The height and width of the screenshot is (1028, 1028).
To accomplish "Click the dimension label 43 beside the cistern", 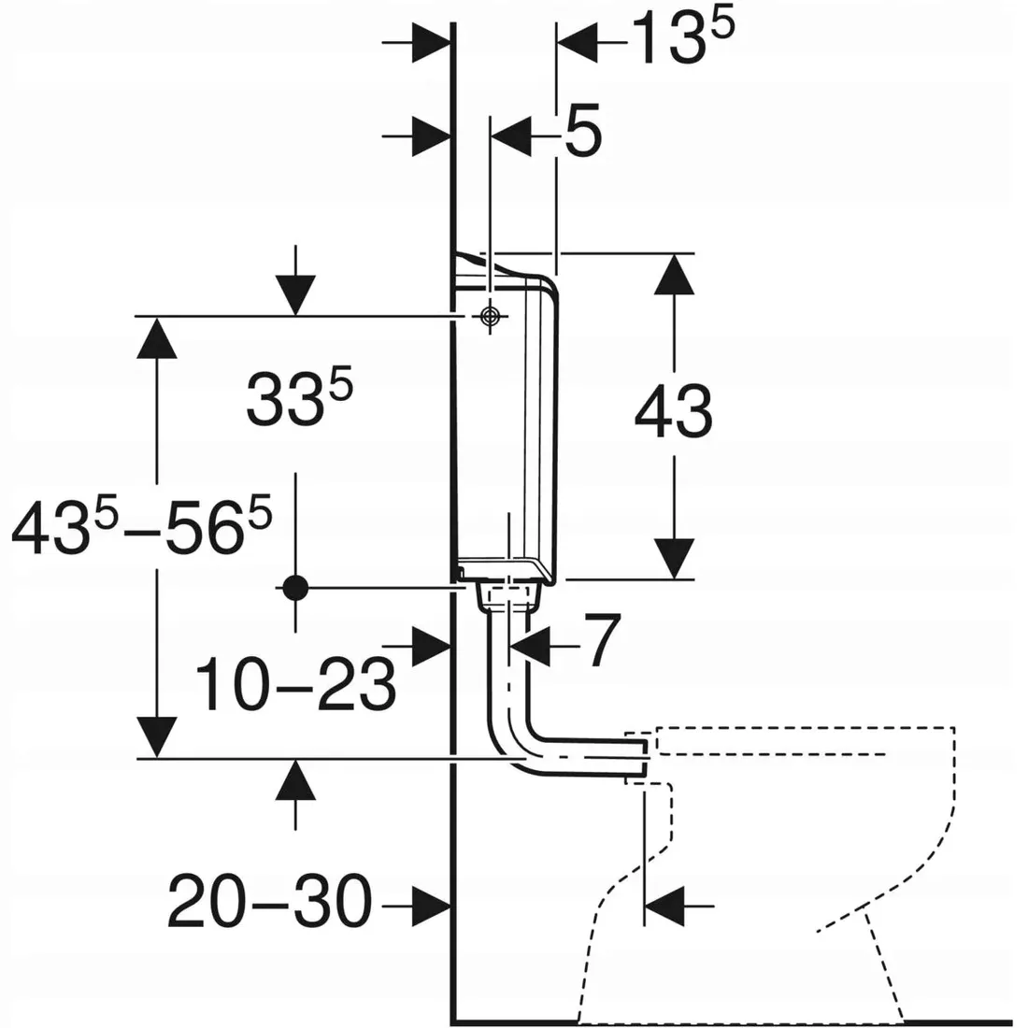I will tap(673, 411).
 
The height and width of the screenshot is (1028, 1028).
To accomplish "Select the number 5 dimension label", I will tap(581, 136).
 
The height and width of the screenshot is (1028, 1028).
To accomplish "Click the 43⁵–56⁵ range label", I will tap(142, 526).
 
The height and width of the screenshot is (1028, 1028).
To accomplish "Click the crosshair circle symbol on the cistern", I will tap(488, 317).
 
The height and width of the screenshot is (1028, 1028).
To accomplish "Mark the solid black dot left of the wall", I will tap(295, 587).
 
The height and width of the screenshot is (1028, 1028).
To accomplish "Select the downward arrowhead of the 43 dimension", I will tap(673, 558).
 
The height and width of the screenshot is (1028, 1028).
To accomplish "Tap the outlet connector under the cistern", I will tap(507, 595).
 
